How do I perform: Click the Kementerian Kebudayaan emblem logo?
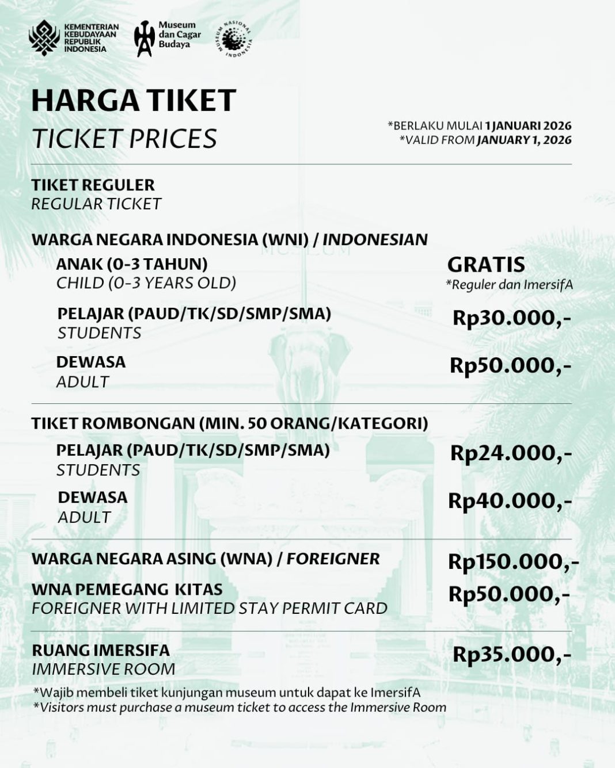pyautogui.click(x=44, y=37)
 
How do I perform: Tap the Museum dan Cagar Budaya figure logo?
pyautogui.click(x=144, y=39)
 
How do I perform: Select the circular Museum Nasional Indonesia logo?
pyautogui.click(x=234, y=39)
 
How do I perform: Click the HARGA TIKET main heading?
pyautogui.click(x=134, y=100)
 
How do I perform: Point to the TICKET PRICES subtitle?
pyautogui.click(x=124, y=139)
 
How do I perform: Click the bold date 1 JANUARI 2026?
pyautogui.click(x=528, y=125)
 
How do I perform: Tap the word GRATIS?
pyautogui.click(x=486, y=265)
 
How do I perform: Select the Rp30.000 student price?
pyautogui.click(x=511, y=318)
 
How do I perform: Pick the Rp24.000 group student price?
pyautogui.click(x=511, y=453)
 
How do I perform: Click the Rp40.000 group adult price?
pyautogui.click(x=510, y=501)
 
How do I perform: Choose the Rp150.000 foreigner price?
pyautogui.click(x=513, y=562)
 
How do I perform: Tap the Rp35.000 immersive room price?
pyautogui.click(x=511, y=655)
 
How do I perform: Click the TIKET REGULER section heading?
pyautogui.click(x=93, y=185)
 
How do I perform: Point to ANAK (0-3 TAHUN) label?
pyautogui.click(x=132, y=264)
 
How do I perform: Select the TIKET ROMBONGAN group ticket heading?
pyautogui.click(x=229, y=423)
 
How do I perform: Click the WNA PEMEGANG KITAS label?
pyautogui.click(x=127, y=590)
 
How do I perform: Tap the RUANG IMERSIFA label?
pyautogui.click(x=101, y=651)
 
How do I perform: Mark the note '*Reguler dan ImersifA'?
pyautogui.click(x=509, y=285)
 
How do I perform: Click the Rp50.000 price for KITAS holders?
pyautogui.click(x=509, y=594)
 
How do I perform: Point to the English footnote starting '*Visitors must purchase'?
pyautogui.click(x=240, y=708)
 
